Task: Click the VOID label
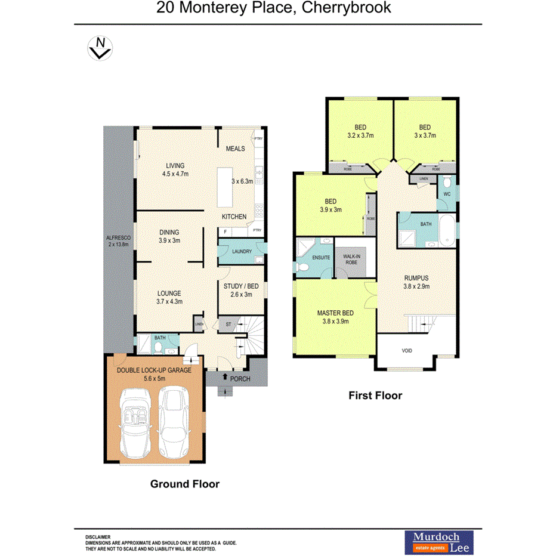tap(407, 351)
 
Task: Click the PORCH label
tap(239, 379)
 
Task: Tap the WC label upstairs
tap(446, 193)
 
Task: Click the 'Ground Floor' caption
tap(184, 484)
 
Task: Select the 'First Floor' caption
tap(375, 396)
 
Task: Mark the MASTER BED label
tap(336, 313)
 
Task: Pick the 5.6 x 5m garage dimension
tap(155, 378)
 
